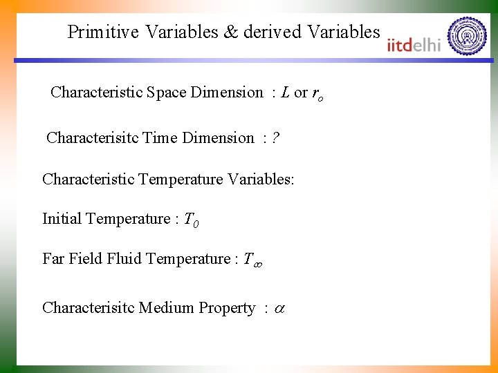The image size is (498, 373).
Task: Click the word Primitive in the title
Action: tap(103, 32)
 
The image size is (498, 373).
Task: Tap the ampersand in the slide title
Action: tap(230, 32)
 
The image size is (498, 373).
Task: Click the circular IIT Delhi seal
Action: tap(468, 35)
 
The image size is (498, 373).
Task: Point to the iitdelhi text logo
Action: tap(414, 45)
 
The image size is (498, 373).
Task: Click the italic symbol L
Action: tap(285, 93)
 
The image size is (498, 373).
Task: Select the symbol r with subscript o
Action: tap(317, 94)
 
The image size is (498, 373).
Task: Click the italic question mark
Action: tap(275, 138)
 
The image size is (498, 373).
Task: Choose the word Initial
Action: tap(64, 219)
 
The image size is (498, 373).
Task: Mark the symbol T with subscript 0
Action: tap(192, 220)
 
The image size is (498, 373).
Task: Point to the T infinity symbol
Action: tap(251, 260)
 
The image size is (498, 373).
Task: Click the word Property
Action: tap(227, 309)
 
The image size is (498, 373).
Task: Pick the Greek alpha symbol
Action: tap(279, 309)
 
